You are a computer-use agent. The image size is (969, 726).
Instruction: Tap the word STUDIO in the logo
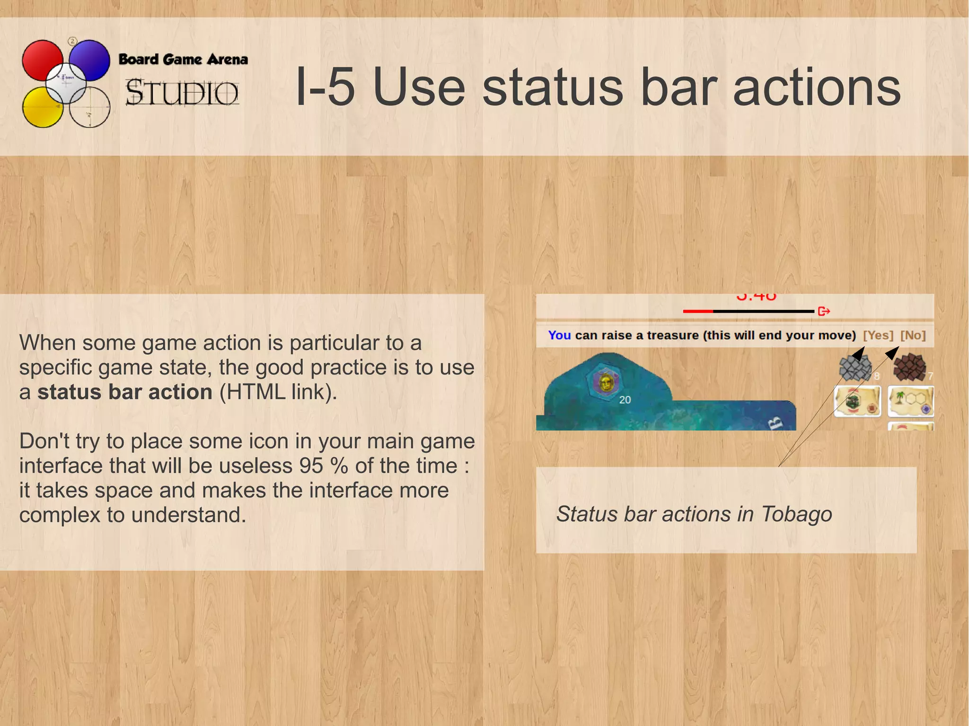point(182,93)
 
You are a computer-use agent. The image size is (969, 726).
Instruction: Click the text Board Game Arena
point(183,60)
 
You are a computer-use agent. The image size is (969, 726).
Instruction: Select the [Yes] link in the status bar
point(878,335)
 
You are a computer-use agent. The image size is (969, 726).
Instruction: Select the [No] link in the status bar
point(913,335)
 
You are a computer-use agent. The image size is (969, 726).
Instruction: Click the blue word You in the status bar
point(559,335)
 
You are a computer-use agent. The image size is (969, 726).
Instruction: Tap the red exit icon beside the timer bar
point(824,311)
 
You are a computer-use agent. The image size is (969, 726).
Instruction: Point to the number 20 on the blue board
point(625,400)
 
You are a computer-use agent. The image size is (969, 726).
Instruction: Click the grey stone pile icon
point(855,368)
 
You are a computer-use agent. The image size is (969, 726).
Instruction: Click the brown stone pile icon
point(909,367)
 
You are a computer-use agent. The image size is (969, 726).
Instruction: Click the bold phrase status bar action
point(125,392)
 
